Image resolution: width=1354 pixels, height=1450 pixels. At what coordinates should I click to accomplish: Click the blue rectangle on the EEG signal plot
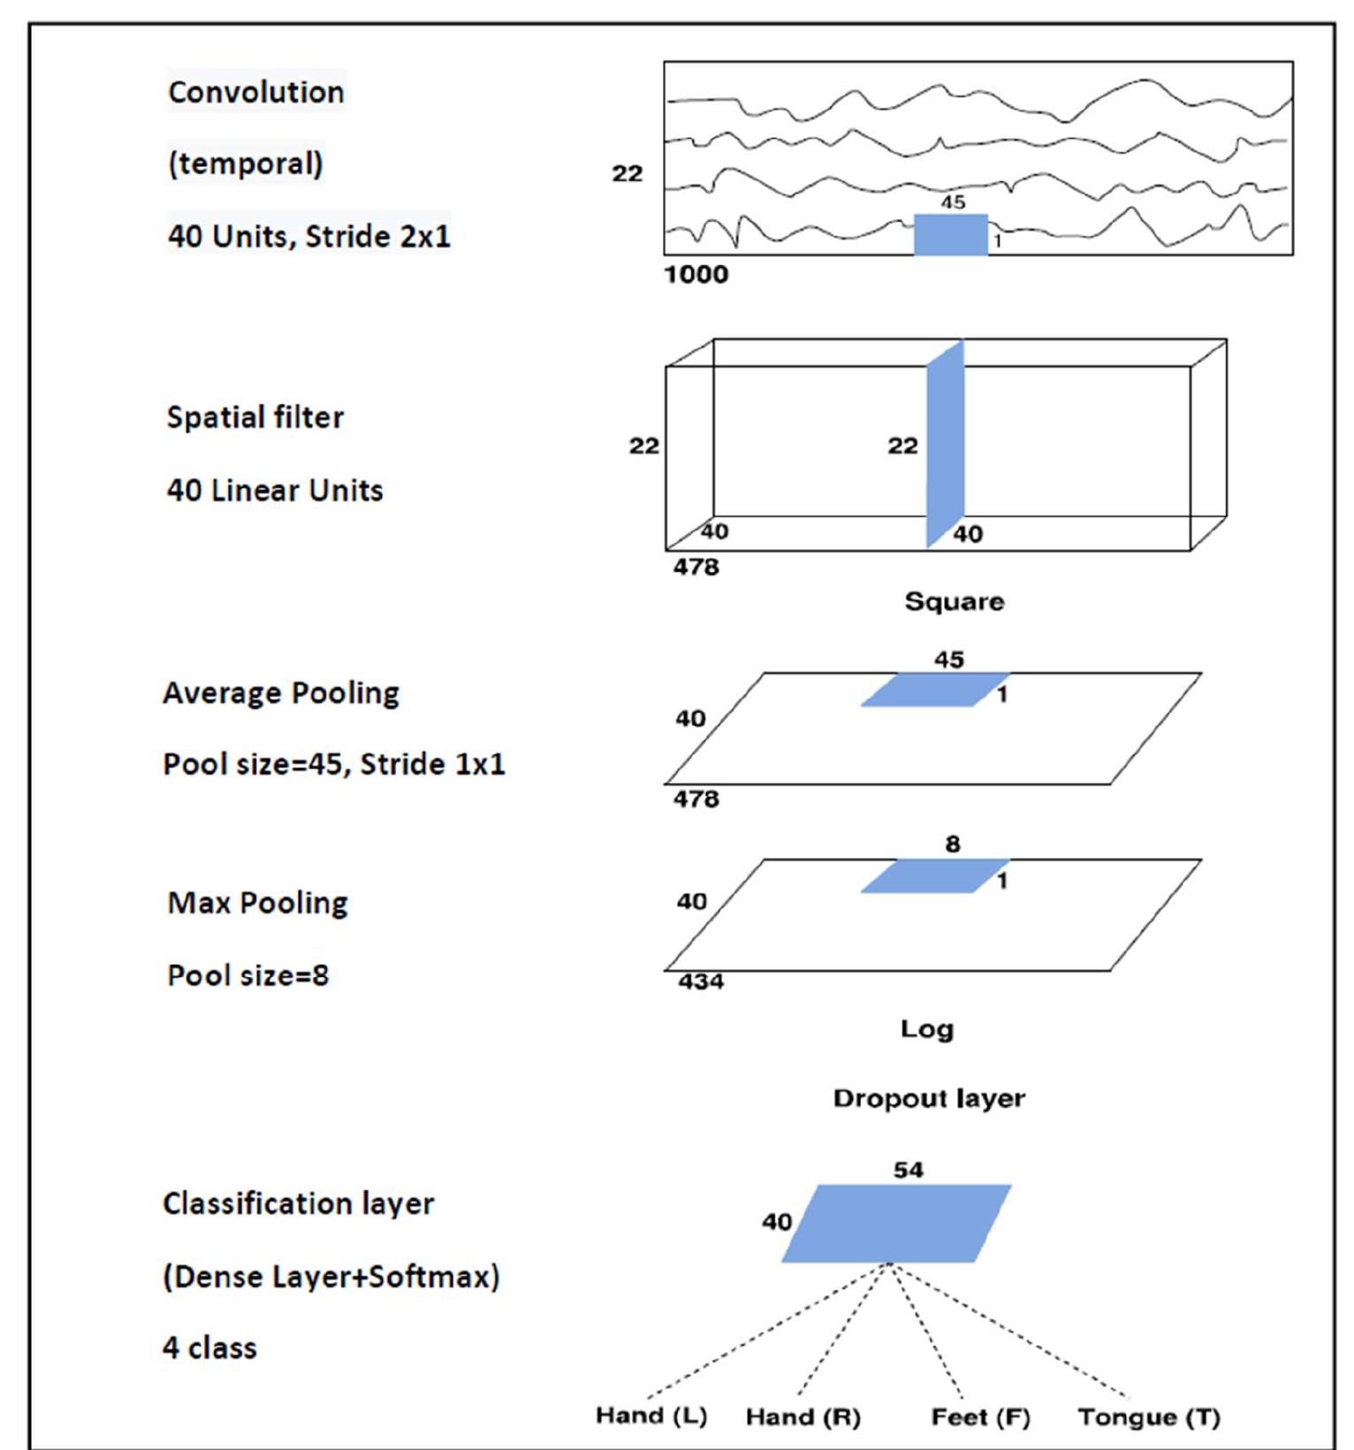(950, 235)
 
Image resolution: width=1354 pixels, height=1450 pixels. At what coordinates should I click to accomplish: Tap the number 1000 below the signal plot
(696, 275)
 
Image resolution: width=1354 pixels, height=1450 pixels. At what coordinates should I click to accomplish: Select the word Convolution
(256, 92)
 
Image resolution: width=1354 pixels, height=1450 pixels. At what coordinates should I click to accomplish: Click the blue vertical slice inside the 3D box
(945, 444)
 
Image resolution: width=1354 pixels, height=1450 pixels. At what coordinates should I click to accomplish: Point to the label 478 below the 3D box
(696, 567)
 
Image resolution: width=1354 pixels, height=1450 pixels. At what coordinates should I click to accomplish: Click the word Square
(954, 602)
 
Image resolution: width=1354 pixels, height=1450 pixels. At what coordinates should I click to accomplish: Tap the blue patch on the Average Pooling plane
(934, 690)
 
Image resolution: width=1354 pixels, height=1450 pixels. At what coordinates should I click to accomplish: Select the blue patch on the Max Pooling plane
(934, 877)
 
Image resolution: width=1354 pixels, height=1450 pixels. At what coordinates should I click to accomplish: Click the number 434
(701, 982)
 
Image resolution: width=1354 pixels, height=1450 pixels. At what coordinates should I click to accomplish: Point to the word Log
(927, 1029)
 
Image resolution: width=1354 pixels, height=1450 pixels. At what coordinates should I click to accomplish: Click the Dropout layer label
(929, 1098)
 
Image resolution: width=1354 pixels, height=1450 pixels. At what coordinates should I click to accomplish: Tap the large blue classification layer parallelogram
(896, 1224)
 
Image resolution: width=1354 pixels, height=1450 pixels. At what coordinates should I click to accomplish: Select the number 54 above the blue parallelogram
(908, 1170)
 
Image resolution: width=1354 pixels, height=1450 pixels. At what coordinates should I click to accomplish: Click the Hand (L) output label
(651, 1416)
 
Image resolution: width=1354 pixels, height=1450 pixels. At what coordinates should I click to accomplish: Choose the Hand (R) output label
(803, 1417)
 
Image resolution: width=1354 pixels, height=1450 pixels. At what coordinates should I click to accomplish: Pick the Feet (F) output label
(980, 1417)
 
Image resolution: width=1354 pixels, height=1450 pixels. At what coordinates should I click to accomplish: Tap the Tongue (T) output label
(1149, 1417)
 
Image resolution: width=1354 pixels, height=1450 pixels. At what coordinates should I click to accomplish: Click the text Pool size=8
(248, 976)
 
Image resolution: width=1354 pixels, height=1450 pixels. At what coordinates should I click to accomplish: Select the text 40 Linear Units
(275, 490)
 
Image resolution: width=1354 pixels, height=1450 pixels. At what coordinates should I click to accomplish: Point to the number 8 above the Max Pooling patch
(952, 845)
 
